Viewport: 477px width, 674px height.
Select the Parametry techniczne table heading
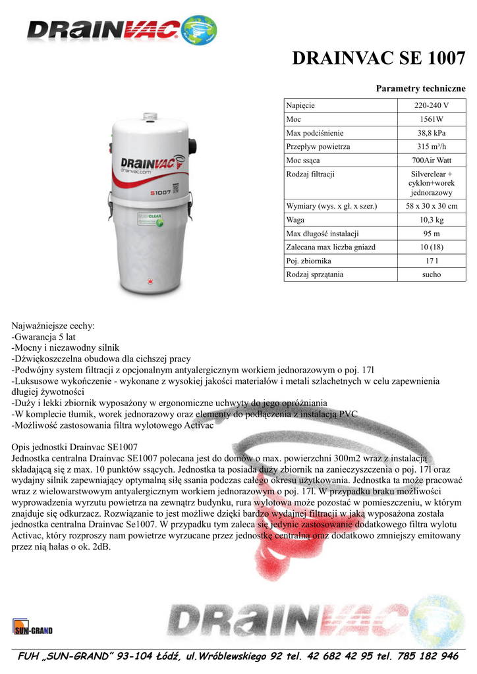[420, 88]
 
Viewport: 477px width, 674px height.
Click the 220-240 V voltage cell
[431, 105]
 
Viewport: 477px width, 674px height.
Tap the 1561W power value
[431, 119]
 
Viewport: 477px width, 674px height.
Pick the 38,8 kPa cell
[431, 133]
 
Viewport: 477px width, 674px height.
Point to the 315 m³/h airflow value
[431, 147]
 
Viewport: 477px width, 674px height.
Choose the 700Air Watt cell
[431, 161]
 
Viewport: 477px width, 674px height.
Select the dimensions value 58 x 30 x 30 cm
[431, 207]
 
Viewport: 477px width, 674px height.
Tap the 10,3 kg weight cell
[431, 220]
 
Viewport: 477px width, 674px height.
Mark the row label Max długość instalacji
[322, 234]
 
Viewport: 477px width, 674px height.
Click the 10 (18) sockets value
[431, 247]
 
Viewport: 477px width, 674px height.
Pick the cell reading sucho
[431, 274]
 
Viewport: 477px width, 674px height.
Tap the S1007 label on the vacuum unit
[160, 192]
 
